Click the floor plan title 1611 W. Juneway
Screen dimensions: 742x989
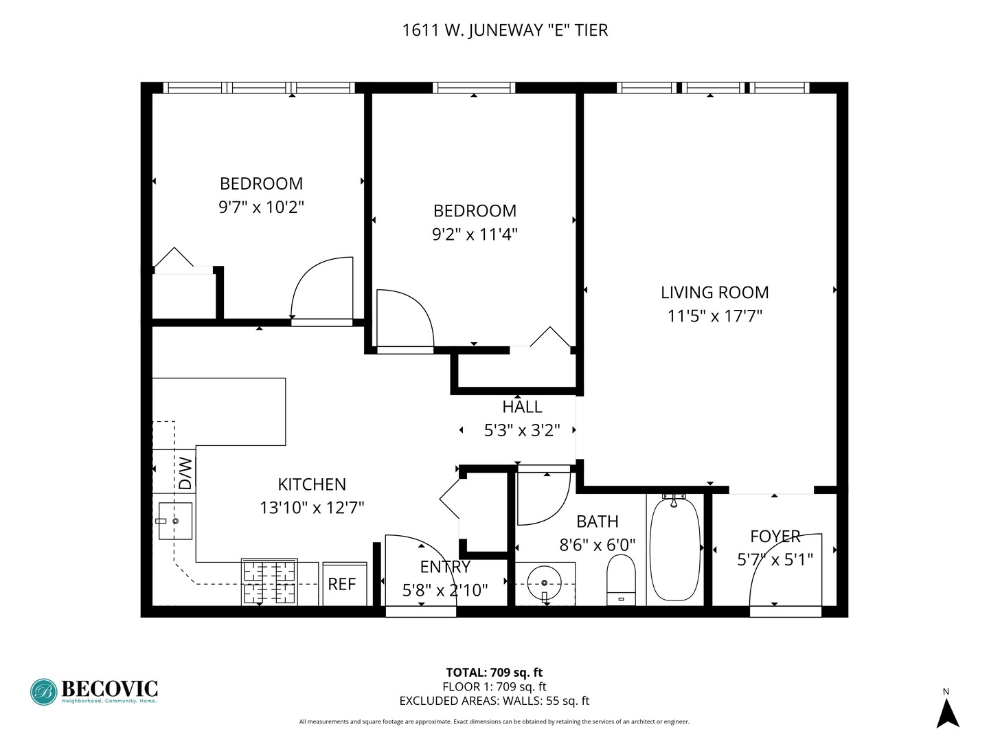[505, 30]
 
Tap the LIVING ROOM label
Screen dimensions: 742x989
[714, 293]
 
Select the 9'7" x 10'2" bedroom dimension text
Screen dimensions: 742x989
[261, 207]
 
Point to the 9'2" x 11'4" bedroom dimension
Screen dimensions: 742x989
[475, 234]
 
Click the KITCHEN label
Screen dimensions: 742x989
[312, 484]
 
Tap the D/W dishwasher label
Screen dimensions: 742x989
[185, 473]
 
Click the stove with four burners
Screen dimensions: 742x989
[269, 582]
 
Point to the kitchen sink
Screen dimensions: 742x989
[174, 521]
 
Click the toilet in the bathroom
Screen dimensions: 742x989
[621, 579]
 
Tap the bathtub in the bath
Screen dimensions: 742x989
[674, 550]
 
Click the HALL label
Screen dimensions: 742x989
[522, 407]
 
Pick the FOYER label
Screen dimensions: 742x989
[775, 537]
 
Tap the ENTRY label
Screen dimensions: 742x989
[445, 567]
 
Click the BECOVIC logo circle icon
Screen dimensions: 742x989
[43, 692]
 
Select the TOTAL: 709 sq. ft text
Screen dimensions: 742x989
[494, 673]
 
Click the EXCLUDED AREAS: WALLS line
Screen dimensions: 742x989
[494, 701]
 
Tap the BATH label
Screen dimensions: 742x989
[597, 521]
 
